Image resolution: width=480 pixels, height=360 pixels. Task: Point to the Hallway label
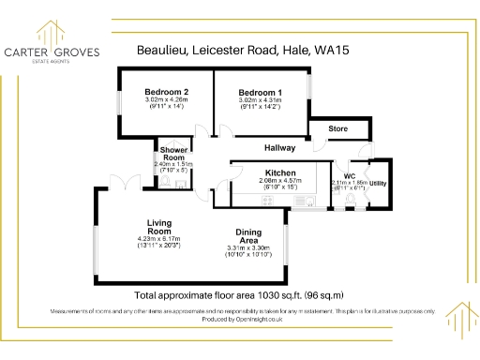point(279,148)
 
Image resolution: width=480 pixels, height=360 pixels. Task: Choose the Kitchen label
point(280,173)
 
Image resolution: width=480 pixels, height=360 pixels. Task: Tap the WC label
point(349,176)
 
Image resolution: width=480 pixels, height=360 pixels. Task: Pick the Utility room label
point(378,184)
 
